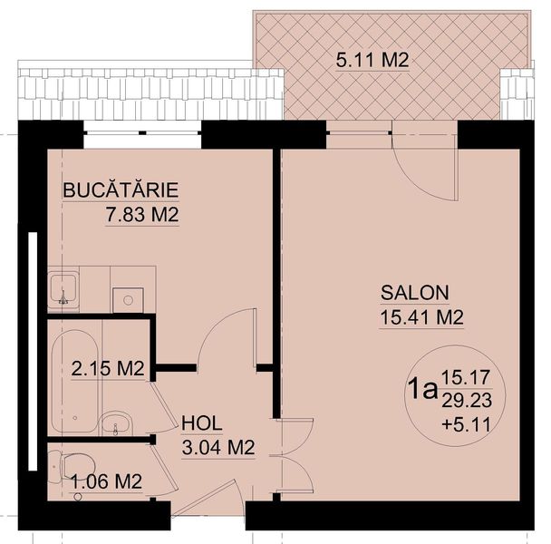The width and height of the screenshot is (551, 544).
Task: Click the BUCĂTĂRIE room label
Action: (x=121, y=190)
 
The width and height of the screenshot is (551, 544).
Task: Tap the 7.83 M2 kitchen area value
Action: (x=142, y=215)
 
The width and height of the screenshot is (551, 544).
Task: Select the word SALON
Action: (x=415, y=293)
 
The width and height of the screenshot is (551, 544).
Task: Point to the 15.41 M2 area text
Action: (x=422, y=317)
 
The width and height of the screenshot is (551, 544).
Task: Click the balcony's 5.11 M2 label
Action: (x=372, y=60)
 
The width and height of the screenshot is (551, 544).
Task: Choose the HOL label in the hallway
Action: (x=202, y=423)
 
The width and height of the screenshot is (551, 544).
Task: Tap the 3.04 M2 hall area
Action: (x=218, y=448)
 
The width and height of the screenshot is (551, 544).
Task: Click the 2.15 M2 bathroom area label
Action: (x=108, y=369)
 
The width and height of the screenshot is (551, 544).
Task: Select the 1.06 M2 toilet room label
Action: (x=106, y=481)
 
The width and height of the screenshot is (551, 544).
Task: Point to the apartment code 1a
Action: (x=423, y=390)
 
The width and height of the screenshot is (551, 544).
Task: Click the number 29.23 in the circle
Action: (x=467, y=401)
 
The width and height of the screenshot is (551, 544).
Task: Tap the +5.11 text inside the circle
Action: (x=467, y=425)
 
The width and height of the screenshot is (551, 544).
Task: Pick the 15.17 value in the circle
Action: (x=466, y=378)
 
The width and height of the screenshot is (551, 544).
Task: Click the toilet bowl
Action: (x=75, y=466)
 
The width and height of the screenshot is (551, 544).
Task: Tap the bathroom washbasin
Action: (x=116, y=423)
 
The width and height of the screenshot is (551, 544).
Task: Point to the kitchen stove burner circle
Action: (x=129, y=300)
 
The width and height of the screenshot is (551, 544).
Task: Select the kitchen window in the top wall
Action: (x=142, y=133)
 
